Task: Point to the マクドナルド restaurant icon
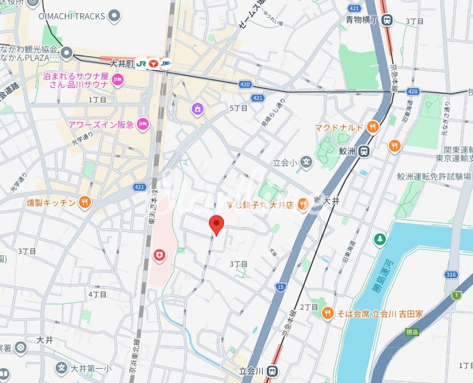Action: pos(373,127)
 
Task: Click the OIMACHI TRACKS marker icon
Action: pos(114,16)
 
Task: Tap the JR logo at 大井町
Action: pos(141,63)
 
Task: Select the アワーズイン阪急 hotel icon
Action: pos(142,124)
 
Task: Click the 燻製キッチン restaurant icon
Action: pos(84,202)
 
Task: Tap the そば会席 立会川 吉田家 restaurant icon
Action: pos(328,313)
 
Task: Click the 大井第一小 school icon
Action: pos(62,367)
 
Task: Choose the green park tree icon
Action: pos(379,239)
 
